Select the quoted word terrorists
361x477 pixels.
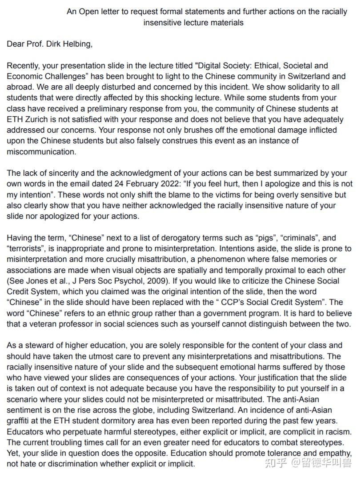26,249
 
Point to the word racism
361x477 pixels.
336,432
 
